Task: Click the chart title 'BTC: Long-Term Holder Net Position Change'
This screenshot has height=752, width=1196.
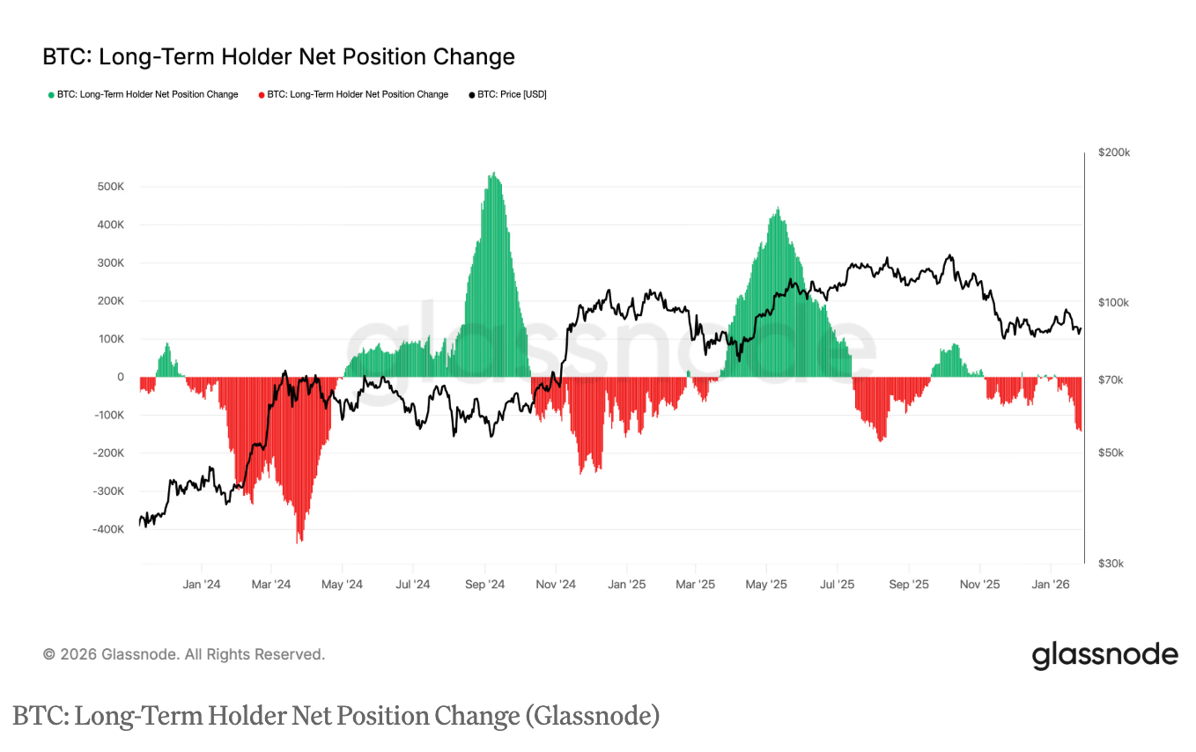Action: (x=278, y=57)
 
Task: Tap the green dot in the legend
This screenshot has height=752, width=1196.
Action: (x=51, y=94)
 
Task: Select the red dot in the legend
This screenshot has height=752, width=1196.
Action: (x=262, y=94)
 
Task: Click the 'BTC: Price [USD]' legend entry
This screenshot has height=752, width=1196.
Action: (x=511, y=94)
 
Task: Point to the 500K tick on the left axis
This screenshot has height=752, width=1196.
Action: (x=110, y=187)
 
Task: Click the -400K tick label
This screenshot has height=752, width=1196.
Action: (x=107, y=529)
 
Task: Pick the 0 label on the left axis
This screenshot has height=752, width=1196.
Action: (x=121, y=377)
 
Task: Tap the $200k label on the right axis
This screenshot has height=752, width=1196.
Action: (x=1114, y=152)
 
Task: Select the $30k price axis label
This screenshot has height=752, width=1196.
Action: (x=1111, y=564)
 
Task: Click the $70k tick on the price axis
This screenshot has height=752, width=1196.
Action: (x=1111, y=380)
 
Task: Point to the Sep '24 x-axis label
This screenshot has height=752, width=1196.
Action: (x=484, y=584)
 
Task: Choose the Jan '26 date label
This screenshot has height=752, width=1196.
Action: (x=1050, y=584)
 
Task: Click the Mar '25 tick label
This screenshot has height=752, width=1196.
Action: (x=696, y=584)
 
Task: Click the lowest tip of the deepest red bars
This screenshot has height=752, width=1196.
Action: (x=299, y=542)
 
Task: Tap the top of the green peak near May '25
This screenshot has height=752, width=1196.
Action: (x=777, y=209)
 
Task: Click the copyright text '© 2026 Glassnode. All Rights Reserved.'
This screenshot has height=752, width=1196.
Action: (x=184, y=654)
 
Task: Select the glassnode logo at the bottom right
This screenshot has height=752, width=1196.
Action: (x=1104, y=656)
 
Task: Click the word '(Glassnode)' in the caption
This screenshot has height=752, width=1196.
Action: (x=592, y=716)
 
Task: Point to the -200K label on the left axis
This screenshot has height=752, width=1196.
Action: (x=107, y=453)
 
